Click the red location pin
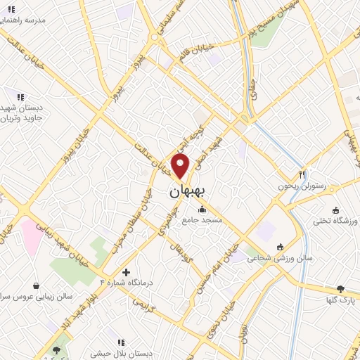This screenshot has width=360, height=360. [x=181, y=166]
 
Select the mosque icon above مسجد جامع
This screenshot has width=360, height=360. [x=202, y=209]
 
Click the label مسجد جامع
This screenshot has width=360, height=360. [x=202, y=220]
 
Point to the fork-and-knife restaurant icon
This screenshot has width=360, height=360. [x=302, y=174]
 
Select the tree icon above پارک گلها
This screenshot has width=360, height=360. [x=341, y=288]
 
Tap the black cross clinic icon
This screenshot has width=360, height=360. [x=126, y=272]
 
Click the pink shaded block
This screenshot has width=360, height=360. [x=31, y=236]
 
